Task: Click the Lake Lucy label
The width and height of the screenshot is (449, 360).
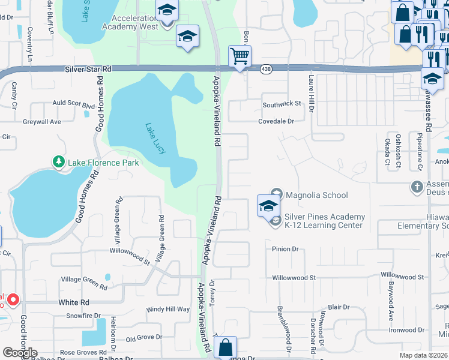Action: click(155, 138)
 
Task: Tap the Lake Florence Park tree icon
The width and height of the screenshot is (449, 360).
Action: click(59, 162)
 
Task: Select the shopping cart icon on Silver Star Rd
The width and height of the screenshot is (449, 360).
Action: click(240, 56)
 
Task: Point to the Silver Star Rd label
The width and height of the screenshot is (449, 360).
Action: click(88, 70)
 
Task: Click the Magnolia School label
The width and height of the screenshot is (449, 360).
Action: click(316, 195)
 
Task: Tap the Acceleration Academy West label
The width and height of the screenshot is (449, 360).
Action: click(130, 22)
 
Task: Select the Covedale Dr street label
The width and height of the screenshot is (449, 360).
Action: click(276, 121)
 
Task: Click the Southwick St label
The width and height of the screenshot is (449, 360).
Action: click(282, 104)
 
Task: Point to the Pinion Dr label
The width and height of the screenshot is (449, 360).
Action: click(285, 249)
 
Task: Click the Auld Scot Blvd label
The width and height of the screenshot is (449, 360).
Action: click(74, 104)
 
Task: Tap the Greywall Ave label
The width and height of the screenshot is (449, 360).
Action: click(42, 122)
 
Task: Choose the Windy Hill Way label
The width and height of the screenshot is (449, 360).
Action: click(168, 310)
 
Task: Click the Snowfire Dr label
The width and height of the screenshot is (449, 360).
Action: click(83, 316)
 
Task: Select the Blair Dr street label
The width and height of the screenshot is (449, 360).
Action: click(339, 307)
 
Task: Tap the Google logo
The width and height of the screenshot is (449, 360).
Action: click(20, 352)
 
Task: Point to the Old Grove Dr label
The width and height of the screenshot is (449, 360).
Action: click(143, 338)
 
